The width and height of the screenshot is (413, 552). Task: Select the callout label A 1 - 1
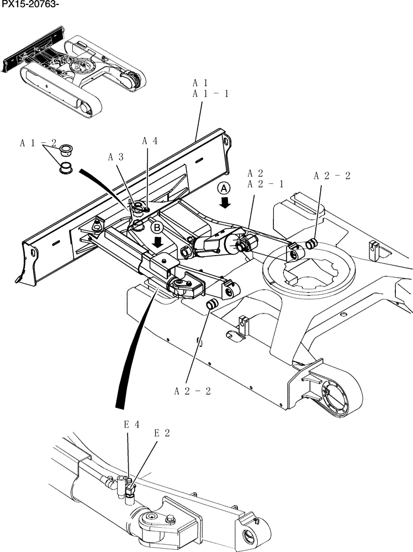[x=210, y=94]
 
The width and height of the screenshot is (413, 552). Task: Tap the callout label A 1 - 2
[x=39, y=143]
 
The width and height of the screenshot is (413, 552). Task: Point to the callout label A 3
[x=115, y=157]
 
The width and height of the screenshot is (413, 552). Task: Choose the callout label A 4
[x=150, y=141]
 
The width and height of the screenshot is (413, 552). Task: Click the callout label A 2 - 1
[x=266, y=184]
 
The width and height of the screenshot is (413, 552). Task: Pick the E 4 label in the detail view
[x=131, y=425]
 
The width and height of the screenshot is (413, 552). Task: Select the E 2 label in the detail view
[x=162, y=433]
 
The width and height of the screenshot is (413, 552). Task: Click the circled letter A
[x=224, y=188]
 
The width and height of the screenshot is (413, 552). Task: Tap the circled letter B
[x=157, y=227]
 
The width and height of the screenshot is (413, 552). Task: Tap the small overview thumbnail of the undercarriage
[x=75, y=72]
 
